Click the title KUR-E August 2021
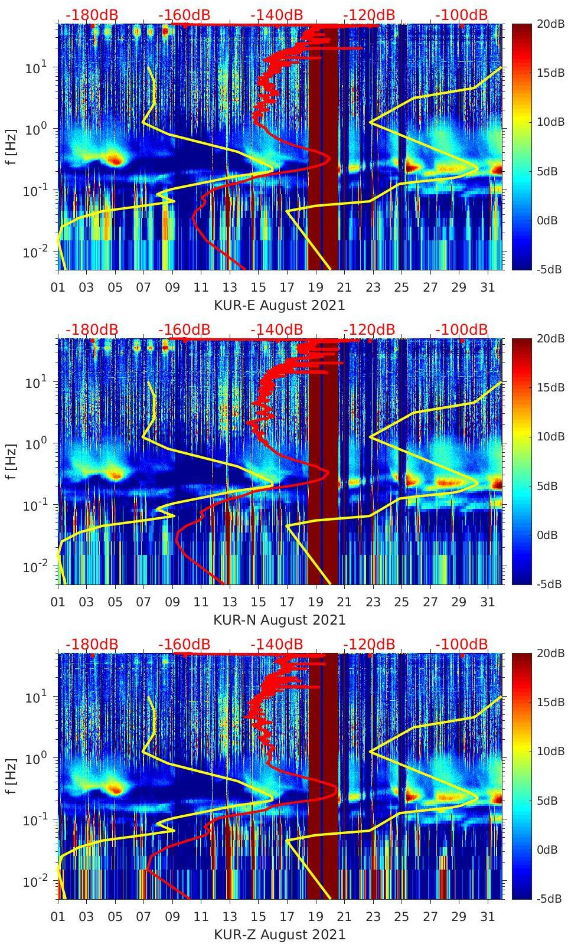click(279, 305)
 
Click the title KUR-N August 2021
click(279, 620)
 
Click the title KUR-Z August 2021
click(279, 935)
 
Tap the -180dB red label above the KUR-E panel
click(92, 15)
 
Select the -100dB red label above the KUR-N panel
click(462, 329)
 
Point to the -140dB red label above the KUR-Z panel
click(276, 644)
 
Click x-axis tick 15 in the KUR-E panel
click(258, 288)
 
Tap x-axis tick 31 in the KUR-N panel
click(487, 602)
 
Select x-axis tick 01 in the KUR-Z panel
click(58, 917)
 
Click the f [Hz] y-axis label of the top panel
click(11, 146)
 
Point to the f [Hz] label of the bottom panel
click(11, 776)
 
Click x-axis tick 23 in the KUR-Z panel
click(373, 917)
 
